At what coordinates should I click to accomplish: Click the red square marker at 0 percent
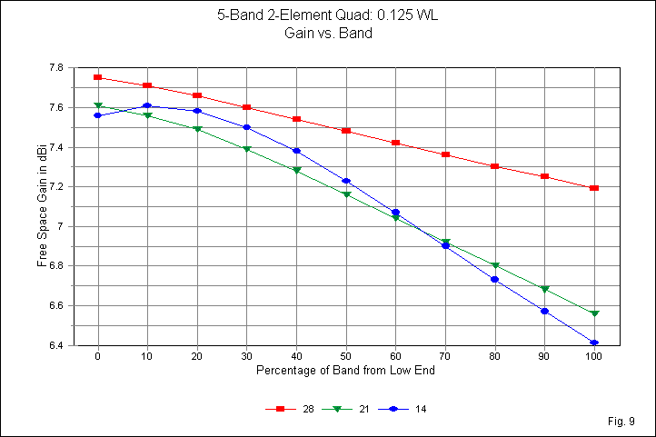[x=97, y=77]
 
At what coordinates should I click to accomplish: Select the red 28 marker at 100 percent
[x=594, y=188]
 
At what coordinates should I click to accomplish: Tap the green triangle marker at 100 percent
[x=594, y=313]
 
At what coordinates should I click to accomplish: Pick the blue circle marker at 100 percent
[x=594, y=343]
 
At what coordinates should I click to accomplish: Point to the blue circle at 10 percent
[x=147, y=106]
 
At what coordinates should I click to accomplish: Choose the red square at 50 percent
[x=346, y=131]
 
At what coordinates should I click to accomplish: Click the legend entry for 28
[x=288, y=410]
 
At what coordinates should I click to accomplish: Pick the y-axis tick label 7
[x=59, y=226]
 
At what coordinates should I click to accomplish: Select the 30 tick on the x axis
[x=246, y=357]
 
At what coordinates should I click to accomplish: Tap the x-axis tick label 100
[x=594, y=357]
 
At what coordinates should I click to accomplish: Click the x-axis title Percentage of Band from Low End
[x=345, y=372]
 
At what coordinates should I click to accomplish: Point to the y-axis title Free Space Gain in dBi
[x=42, y=207]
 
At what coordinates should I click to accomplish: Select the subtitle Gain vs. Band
[x=328, y=34]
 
